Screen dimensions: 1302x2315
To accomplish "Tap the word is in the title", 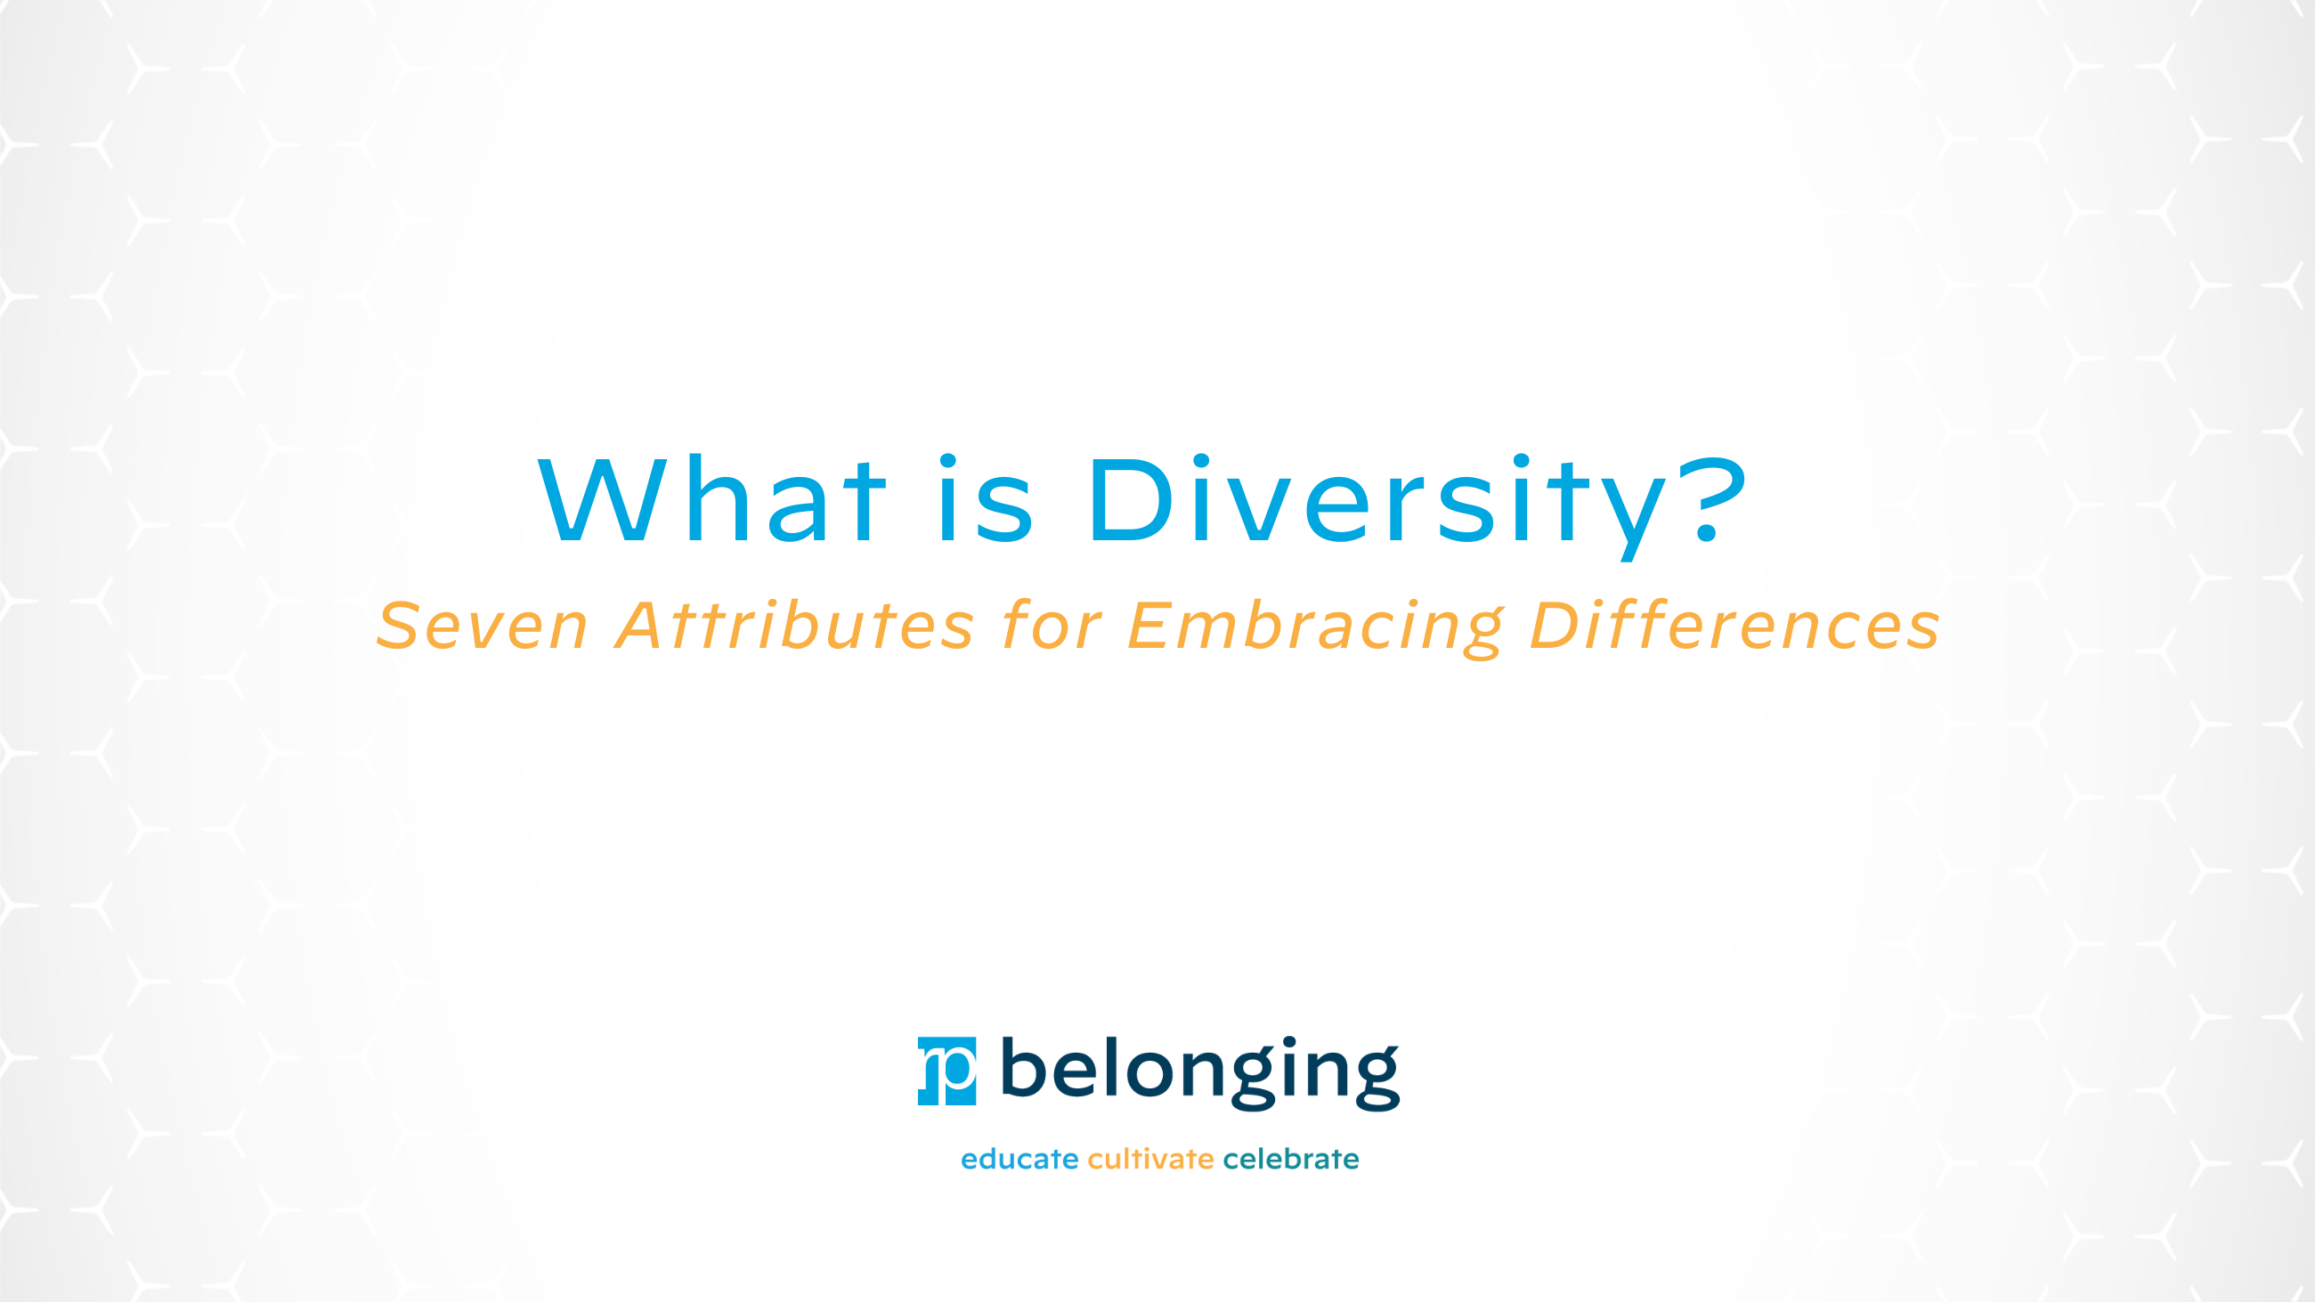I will (x=986, y=499).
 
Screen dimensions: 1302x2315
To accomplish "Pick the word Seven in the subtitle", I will (x=482, y=626).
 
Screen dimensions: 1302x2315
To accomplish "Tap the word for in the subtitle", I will (x=1052, y=626).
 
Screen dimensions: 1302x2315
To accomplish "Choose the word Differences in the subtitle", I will (x=1734, y=626).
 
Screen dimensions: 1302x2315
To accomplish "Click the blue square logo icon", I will (x=946, y=1071).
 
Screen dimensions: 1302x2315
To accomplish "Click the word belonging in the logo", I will (x=1199, y=1072).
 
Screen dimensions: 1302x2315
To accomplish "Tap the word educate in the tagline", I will (x=1019, y=1159).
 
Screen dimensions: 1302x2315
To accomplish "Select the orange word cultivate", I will (x=1150, y=1159).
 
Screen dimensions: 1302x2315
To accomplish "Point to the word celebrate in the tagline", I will (x=1290, y=1159).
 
